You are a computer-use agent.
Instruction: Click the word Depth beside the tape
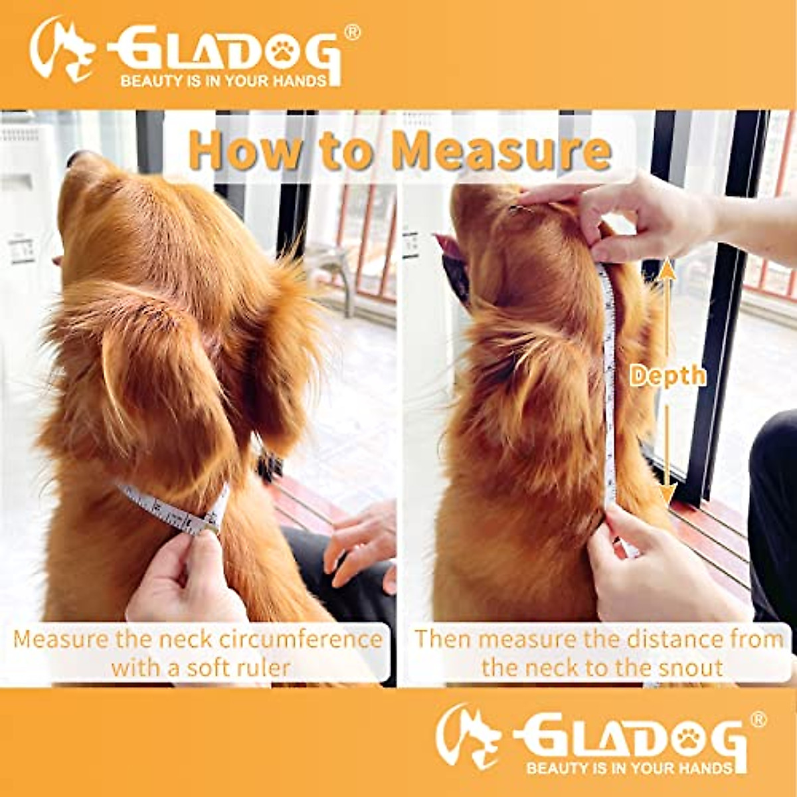click(667, 376)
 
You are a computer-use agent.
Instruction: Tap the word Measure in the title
click(501, 151)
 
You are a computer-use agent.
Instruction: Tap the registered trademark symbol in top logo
click(353, 33)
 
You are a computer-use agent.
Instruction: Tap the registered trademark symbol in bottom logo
click(758, 719)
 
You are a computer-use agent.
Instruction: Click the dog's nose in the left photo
click(76, 158)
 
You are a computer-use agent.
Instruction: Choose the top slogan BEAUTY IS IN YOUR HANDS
click(224, 81)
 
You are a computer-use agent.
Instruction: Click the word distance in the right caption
click(657, 640)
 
